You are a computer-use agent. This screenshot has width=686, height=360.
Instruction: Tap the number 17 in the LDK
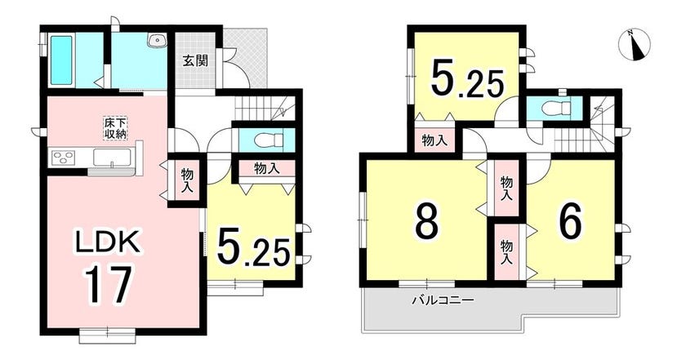coord(109,285)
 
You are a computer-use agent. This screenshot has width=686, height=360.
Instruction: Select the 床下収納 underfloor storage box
coord(115,128)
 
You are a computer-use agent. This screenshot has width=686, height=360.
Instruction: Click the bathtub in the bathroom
coord(61,60)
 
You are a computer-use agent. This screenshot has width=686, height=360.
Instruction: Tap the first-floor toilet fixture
coord(270,140)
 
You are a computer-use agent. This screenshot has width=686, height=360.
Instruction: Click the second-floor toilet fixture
coord(557,106)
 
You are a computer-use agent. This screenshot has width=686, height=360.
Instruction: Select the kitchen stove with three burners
coord(64,158)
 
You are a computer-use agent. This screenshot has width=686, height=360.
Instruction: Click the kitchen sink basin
coord(112,158)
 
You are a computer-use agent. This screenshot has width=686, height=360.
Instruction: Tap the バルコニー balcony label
coord(443,300)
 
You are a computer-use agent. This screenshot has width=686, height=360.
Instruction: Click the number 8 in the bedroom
coord(426,220)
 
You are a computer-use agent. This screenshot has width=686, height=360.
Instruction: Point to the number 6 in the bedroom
coord(571,220)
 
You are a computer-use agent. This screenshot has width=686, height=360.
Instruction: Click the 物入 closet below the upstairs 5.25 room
coord(434,141)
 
